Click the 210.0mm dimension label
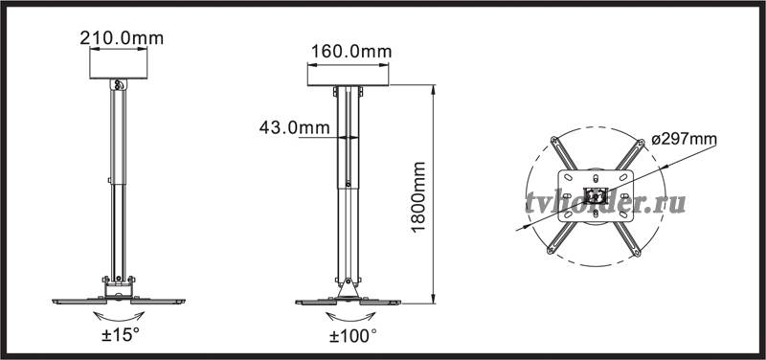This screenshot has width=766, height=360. [x=122, y=38]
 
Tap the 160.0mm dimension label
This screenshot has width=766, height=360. [x=351, y=52]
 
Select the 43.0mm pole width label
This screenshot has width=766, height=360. [x=294, y=127]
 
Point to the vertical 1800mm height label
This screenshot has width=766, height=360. [x=418, y=197]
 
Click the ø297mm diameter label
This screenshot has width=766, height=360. [x=684, y=139]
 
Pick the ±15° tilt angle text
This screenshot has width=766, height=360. [x=121, y=335]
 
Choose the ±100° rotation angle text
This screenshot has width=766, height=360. [x=352, y=335]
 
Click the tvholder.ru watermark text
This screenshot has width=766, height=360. [x=605, y=202]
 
